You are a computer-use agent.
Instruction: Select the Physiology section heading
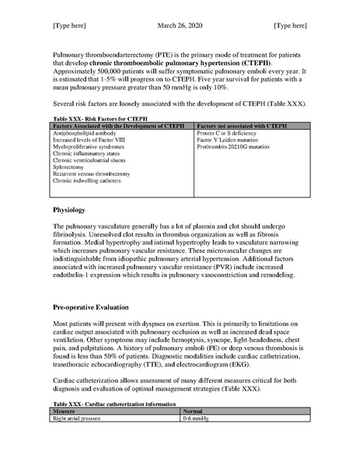[x=72, y=210]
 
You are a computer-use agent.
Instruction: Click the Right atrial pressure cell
[x=75, y=417]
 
